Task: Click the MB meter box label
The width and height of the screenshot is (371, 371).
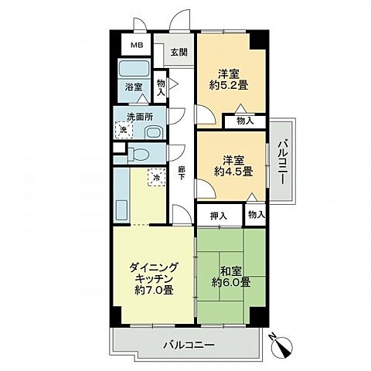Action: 137,46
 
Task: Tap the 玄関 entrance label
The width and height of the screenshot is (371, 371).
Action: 179,53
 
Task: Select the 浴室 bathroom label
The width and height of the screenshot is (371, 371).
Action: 134,87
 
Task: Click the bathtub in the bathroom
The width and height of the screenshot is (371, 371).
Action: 134,68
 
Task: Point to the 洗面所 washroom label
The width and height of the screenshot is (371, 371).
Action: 140,117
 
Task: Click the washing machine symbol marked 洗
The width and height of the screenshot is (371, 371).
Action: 124,130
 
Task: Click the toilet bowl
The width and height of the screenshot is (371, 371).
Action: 138,155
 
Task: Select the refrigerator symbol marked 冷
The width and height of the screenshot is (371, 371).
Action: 156,177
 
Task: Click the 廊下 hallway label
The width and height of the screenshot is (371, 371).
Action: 182,173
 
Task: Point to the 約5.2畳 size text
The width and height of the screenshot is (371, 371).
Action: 229,85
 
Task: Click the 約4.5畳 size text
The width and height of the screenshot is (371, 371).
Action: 233,172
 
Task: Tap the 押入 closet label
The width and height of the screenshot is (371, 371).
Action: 219,216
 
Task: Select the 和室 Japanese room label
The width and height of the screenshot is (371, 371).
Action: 231,271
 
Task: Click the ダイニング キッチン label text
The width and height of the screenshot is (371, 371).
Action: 154,273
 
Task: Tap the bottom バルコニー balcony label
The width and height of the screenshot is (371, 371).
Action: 189,345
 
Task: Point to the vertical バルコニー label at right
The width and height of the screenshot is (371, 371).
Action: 282,162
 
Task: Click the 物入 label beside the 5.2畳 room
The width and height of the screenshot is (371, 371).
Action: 245,121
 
